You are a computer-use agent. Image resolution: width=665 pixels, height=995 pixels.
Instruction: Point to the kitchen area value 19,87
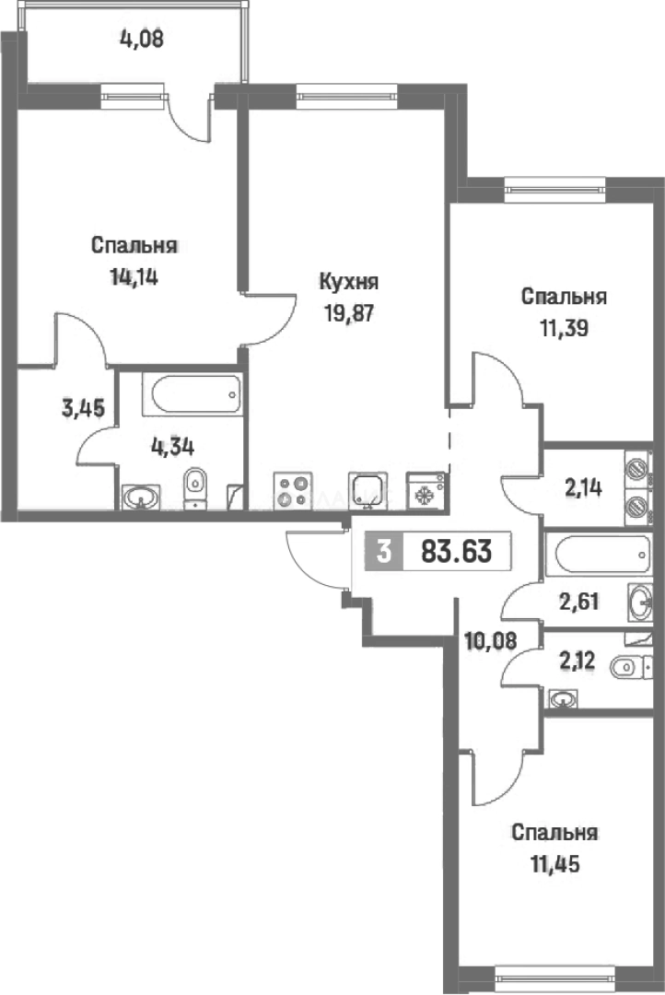(348, 310)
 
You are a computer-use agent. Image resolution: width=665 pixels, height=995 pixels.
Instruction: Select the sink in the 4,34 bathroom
(142, 497)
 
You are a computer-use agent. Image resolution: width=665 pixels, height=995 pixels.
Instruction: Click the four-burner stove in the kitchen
(293, 488)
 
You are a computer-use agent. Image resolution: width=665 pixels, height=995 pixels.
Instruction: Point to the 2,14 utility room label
(584, 488)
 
